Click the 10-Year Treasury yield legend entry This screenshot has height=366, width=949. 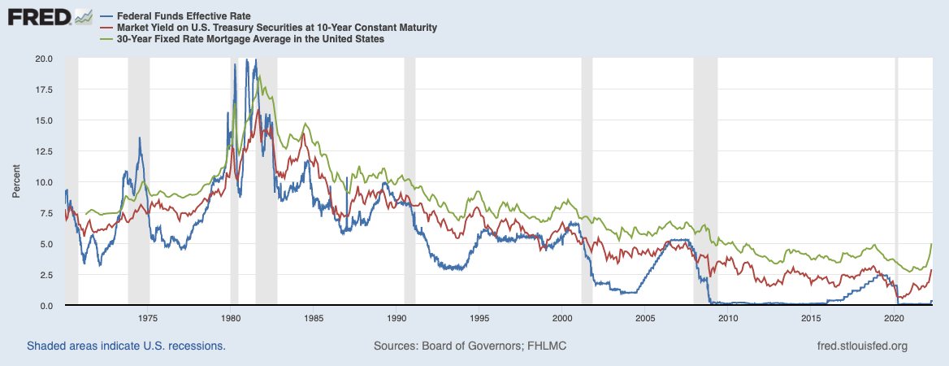coord(269,28)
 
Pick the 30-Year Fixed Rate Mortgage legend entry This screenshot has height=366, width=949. coord(243,39)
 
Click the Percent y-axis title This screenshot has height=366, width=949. coord(16,181)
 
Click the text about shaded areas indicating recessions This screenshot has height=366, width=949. coord(126,346)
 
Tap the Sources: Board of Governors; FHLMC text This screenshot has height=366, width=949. coord(470,346)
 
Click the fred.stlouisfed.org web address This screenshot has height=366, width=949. coord(862,346)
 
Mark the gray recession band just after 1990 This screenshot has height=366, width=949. coord(409,181)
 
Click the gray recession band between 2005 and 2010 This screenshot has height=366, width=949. coord(705,181)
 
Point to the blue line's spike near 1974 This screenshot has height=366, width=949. coord(140,138)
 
